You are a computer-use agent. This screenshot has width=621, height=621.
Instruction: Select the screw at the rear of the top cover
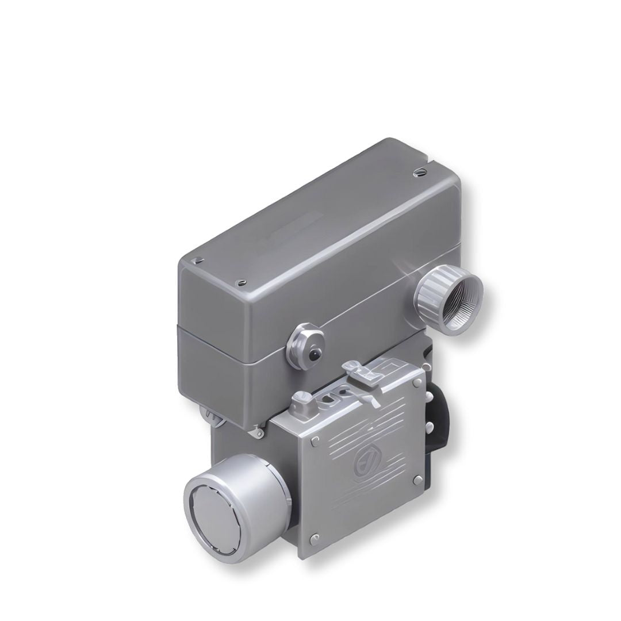click(417, 171)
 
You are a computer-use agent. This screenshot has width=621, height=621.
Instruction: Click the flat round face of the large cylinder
click(213, 508)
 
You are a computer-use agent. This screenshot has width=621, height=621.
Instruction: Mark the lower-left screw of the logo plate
click(313, 538)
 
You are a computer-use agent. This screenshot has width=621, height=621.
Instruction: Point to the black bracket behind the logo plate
click(440, 420)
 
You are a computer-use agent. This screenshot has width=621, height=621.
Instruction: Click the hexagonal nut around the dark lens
click(305, 347)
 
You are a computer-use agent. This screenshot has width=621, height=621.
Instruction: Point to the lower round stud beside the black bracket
click(428, 426)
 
